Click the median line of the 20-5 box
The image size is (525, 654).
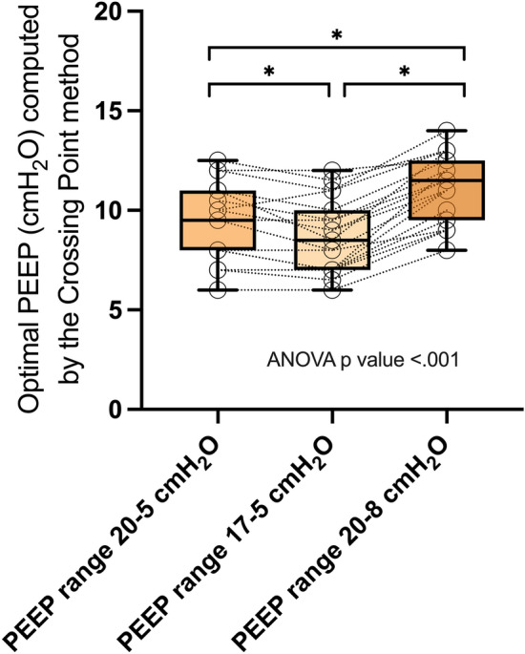[218, 220]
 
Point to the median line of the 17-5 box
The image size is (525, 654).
[332, 240]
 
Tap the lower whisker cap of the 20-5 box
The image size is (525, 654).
[218, 290]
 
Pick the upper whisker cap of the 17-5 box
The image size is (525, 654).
[332, 170]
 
